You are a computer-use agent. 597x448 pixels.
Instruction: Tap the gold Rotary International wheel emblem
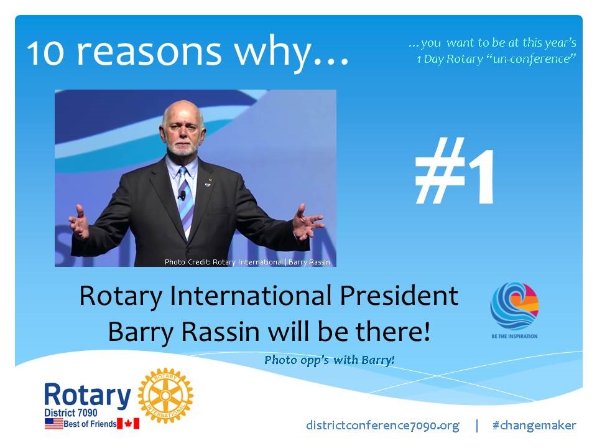(165, 396)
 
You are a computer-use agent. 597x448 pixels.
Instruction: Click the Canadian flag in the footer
(128, 424)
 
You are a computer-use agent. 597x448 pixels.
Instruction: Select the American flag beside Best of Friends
(53, 424)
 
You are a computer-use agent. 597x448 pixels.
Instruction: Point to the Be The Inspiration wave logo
(514, 306)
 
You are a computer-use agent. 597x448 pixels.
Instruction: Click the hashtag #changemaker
(534, 425)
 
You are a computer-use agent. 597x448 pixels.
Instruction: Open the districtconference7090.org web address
(382, 426)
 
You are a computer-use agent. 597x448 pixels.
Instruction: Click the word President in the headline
(399, 296)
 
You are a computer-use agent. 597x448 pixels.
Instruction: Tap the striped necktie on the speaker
(187, 202)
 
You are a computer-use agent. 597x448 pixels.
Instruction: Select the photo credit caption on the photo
(248, 262)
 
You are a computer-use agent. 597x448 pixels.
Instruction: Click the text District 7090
(70, 413)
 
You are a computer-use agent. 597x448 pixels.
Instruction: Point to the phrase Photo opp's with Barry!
(330, 360)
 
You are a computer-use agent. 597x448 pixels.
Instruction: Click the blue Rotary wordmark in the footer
(88, 395)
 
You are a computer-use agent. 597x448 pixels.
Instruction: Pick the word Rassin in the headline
(220, 332)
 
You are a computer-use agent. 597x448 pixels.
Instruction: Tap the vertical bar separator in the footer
(477, 426)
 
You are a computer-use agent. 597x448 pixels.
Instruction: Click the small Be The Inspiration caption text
(514, 336)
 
